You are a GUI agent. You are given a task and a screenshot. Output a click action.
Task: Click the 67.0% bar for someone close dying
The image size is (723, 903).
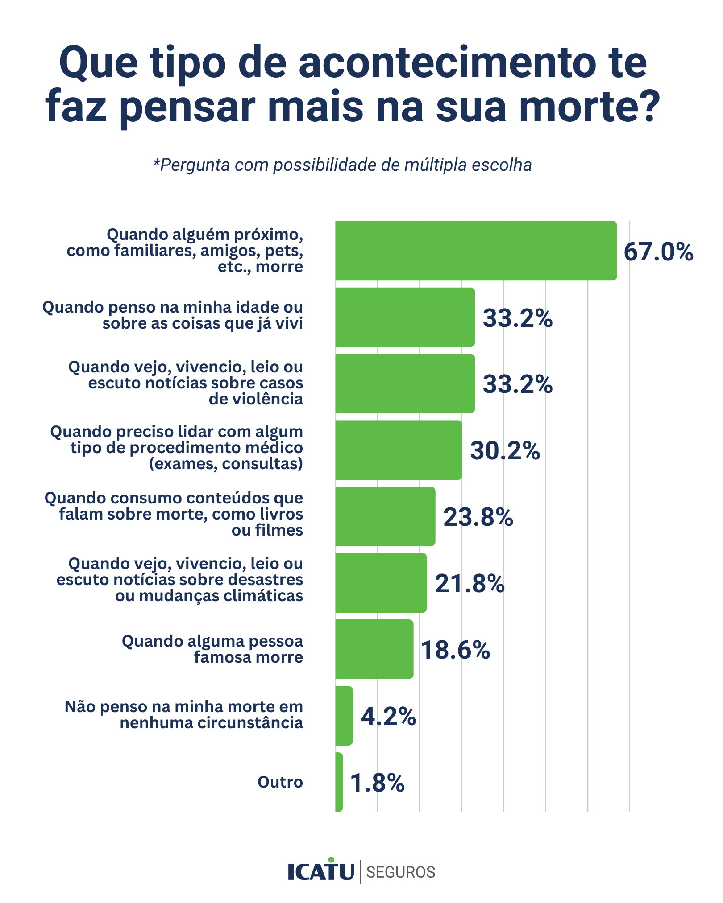(x=476, y=251)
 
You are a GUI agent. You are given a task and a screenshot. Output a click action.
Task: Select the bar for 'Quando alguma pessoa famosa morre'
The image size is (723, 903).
(x=374, y=649)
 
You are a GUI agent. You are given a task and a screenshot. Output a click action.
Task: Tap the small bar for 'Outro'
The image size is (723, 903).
(x=339, y=782)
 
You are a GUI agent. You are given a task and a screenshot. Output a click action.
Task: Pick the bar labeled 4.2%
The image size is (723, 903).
(x=344, y=716)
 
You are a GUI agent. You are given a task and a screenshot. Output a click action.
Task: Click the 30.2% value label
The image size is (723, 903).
(x=505, y=451)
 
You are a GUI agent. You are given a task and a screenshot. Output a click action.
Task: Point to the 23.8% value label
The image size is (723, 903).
(x=478, y=517)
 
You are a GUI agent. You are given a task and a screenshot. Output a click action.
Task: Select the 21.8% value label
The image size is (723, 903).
(x=470, y=584)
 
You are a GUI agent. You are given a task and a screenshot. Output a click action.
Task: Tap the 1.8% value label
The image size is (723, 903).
(x=377, y=783)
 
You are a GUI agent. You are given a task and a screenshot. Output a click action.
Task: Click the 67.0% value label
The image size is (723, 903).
(x=658, y=252)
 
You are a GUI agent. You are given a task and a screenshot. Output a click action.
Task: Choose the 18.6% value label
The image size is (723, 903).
(x=455, y=650)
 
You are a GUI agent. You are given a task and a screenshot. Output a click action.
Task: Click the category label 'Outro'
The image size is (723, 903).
(x=280, y=782)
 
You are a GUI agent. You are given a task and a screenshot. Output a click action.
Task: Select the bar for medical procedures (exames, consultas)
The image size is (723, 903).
(x=399, y=450)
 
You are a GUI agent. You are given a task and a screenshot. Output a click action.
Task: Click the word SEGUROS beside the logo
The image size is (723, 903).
(x=400, y=872)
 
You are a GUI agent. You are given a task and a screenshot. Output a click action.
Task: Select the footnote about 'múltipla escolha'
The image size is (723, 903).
(x=342, y=165)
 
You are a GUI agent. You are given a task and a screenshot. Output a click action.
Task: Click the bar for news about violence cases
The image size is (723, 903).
(x=405, y=383)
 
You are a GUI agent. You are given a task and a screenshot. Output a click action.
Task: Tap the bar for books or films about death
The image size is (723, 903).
(x=385, y=516)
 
